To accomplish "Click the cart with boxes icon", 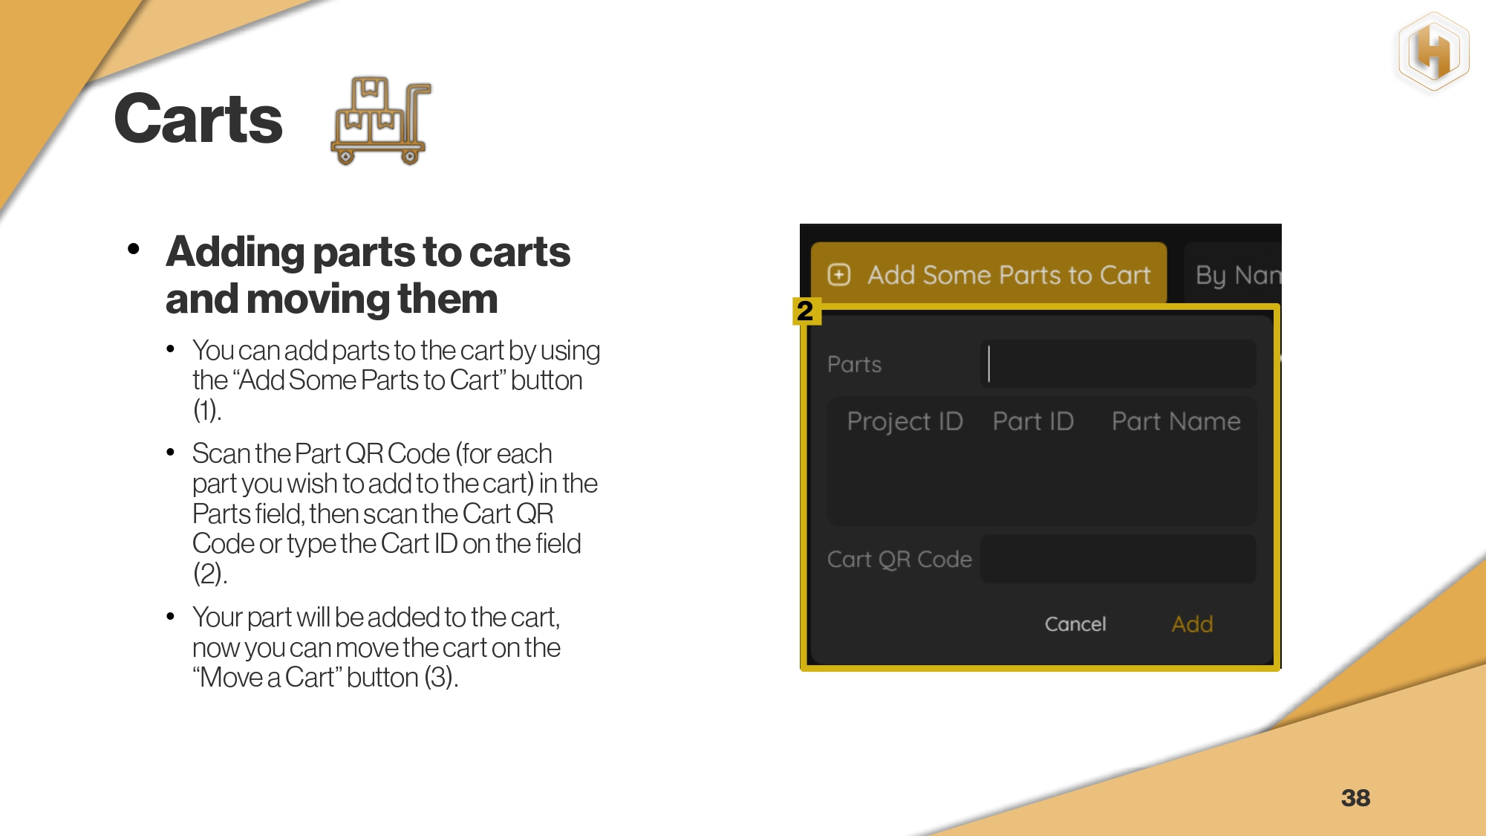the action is coord(381,120).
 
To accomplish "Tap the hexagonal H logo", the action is coord(1433,52).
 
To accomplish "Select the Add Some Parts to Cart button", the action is coord(988,274).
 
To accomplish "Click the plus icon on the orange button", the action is coord(839,275).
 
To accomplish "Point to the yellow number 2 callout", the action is coord(806,311).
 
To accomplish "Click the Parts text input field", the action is coord(1118,364).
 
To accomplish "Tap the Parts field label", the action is coord(854,364).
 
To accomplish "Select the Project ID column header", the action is coord(905,421).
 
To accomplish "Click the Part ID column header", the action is coord(1033,421).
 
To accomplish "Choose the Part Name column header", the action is coord(1176,421).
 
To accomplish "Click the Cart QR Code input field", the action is coord(1118,559).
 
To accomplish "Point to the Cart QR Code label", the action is coord(899,559).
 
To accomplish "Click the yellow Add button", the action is coord(1192,623).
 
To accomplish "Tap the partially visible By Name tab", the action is coord(1234,274).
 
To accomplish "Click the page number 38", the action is coord(1355,797).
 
